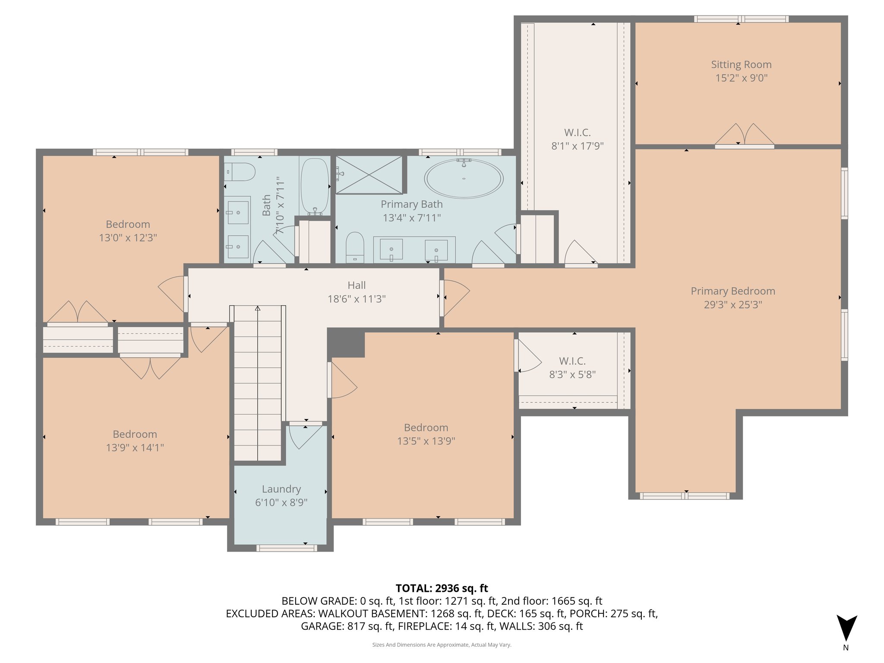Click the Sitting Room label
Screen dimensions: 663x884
point(741,65)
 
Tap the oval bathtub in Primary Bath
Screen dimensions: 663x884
point(464,178)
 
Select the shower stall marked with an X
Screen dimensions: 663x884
point(369,174)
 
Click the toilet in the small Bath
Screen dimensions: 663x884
point(240,172)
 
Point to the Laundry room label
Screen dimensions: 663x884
point(281,489)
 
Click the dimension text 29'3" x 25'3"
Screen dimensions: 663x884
point(732,305)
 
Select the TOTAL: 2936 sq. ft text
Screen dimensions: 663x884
point(442,588)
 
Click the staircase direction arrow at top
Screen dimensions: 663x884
point(258,308)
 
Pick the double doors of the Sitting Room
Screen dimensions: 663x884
point(744,135)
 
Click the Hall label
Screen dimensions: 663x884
point(357,285)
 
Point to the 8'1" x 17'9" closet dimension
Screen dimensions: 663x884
point(577,146)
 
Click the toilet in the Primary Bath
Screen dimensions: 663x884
point(355,247)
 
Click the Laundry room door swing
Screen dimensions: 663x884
point(305,437)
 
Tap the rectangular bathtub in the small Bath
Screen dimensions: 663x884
point(314,186)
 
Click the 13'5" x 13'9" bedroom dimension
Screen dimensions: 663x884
point(426,441)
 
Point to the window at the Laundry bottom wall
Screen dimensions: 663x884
point(287,548)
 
